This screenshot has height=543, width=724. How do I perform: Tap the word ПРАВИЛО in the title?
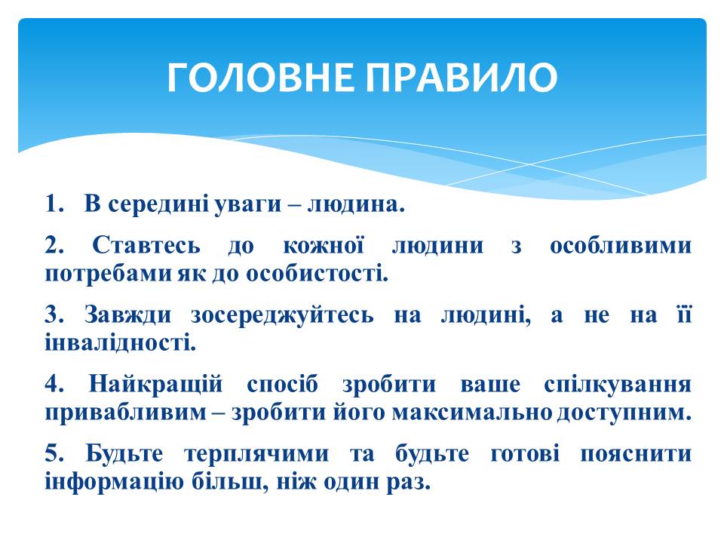tap(462, 77)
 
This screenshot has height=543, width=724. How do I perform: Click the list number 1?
tap(54, 204)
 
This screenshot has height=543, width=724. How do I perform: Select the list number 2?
tap(54, 245)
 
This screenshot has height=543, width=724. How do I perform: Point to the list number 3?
tap(54, 315)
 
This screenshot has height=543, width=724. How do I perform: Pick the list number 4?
tap(54, 384)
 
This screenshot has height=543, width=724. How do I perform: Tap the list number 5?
tap(54, 453)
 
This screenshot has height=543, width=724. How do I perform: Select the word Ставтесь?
tap(146, 245)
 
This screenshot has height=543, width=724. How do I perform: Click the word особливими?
tap(621, 246)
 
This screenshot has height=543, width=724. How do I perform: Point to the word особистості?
tap(318, 274)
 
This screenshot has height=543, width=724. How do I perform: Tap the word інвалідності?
tap(121, 343)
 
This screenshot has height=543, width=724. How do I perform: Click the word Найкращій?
tap(155, 385)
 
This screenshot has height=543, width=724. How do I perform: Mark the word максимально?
tap(472, 413)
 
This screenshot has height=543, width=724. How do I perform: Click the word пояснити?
tap(636, 454)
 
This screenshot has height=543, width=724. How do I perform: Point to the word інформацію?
tap(114, 482)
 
